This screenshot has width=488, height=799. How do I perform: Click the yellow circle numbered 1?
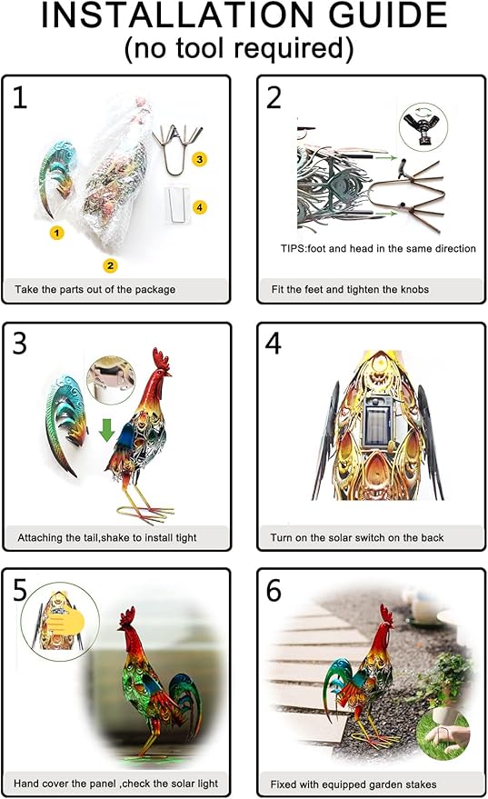(x=56, y=233)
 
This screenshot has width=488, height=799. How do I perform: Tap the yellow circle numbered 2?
(x=110, y=265)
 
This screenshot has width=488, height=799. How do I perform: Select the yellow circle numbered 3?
(x=200, y=159)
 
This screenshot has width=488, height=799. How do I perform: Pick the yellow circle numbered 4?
(x=200, y=207)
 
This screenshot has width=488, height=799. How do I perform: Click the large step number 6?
(x=274, y=591)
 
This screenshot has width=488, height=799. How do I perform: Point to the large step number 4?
(x=274, y=344)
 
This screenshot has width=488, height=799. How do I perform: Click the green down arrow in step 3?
(x=107, y=430)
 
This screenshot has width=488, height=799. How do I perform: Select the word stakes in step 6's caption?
(x=421, y=784)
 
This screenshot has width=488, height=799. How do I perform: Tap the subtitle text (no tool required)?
(x=239, y=48)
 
